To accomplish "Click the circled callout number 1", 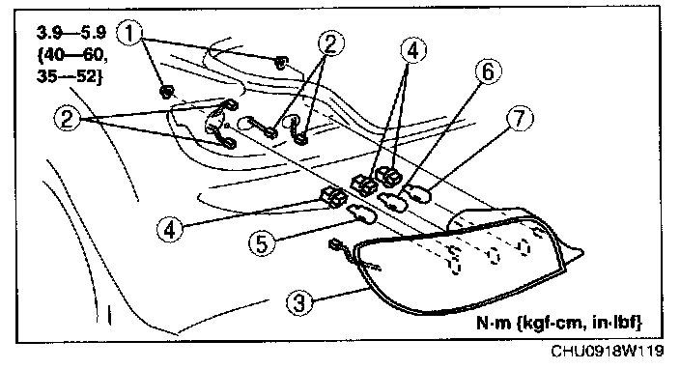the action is pyautogui.click(x=130, y=34).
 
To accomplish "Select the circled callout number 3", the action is pyautogui.click(x=299, y=301).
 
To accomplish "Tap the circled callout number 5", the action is pyautogui.click(x=262, y=242).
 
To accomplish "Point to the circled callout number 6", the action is pyautogui.click(x=489, y=71).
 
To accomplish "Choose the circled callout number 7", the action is pyautogui.click(x=520, y=118).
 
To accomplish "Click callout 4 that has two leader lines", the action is pyautogui.click(x=412, y=50).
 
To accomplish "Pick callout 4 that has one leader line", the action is pyautogui.click(x=170, y=228).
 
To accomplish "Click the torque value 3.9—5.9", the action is pyautogui.click(x=71, y=33).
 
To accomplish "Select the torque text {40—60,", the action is pyautogui.click(x=72, y=55).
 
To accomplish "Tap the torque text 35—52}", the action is pyautogui.click(x=69, y=76).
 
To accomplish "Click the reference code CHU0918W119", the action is pyautogui.click(x=608, y=351).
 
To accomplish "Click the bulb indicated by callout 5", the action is pyautogui.click(x=361, y=213).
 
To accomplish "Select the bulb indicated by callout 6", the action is pyautogui.click(x=392, y=202).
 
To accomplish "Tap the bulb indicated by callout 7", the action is pyautogui.click(x=417, y=194).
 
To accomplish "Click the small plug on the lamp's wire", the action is pyautogui.click(x=335, y=245).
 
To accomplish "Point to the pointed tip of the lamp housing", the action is pyautogui.click(x=581, y=251).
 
